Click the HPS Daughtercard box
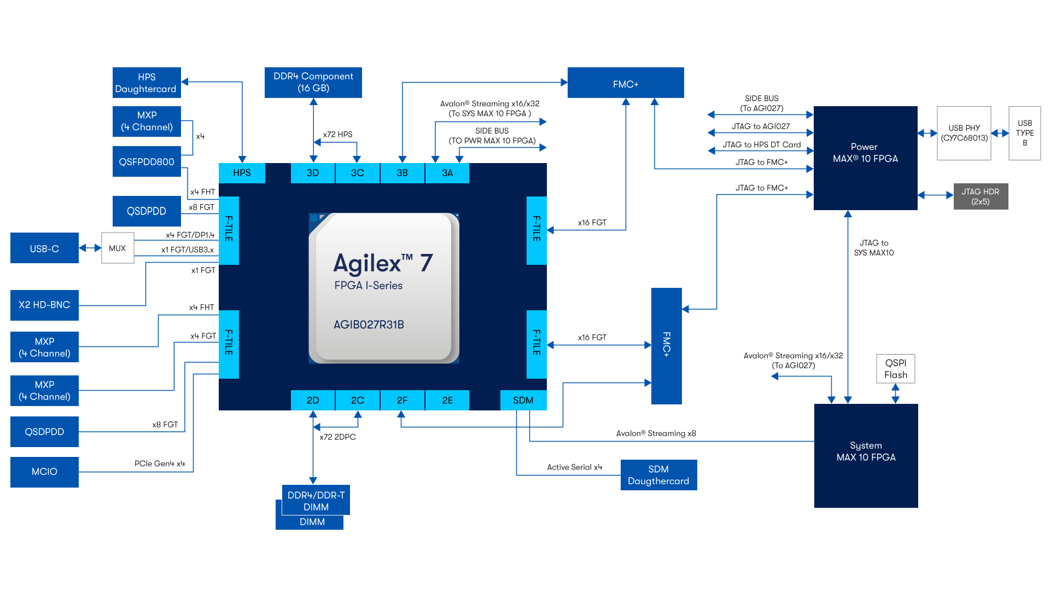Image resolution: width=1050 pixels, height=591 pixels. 147,83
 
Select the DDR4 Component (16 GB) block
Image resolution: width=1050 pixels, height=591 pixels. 313,83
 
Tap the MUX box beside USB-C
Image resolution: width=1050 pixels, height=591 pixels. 118,248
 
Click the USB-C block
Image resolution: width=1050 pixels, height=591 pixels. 44,248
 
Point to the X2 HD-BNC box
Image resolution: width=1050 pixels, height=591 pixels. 44,305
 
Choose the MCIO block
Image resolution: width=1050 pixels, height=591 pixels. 44,472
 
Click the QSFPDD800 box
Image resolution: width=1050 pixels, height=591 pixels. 147,161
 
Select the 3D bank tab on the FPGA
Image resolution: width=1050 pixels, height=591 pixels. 313,173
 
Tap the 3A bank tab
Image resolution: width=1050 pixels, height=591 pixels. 447,173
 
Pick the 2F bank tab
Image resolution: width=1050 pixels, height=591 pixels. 402,400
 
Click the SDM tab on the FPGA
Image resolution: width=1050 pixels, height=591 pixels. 523,400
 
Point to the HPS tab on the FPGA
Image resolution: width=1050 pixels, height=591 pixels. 242,173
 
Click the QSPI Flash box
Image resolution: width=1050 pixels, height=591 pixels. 895,369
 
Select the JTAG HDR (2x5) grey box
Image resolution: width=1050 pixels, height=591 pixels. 981,196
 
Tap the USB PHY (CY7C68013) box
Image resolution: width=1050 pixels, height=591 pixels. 964,133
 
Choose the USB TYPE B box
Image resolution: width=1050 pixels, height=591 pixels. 1024,133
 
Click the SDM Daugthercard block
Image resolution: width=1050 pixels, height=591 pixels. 658,475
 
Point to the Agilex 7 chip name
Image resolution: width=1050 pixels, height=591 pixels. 383,264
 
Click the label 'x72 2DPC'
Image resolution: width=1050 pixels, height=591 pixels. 337,437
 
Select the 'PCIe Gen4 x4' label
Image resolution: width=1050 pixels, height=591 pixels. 160,463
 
